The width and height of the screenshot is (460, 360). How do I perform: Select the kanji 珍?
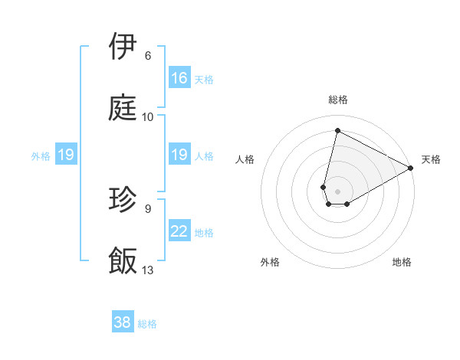123,201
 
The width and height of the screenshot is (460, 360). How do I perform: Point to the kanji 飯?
123,260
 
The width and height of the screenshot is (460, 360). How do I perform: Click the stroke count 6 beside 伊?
148,56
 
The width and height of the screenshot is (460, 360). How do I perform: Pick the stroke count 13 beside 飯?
148,270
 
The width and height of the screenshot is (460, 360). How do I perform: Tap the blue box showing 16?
179,78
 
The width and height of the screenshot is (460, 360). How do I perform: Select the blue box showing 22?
179,231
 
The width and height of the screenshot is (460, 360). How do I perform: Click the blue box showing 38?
123,322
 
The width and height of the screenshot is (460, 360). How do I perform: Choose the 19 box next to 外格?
66,155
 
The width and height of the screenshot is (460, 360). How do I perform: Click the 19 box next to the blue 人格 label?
179,155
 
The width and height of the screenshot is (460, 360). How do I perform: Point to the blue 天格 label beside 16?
204,79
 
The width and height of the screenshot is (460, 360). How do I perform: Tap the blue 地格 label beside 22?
204,232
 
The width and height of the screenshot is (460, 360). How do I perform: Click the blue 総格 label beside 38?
147,323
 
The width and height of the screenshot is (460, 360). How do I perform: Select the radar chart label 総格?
338,100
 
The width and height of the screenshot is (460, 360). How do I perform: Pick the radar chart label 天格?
431,159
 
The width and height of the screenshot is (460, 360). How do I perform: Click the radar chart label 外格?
270,262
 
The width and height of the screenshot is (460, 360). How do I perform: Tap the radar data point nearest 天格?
412,169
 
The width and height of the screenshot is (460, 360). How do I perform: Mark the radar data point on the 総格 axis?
337,130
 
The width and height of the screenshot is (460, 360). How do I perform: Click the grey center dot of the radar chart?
338,191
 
